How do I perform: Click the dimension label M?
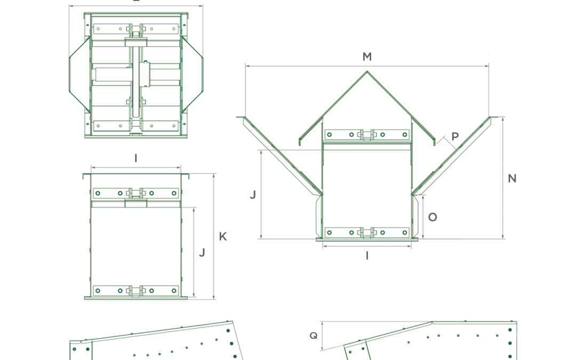tap(367, 57)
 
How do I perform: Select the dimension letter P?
tap(455, 137)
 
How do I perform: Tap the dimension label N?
tap(512, 178)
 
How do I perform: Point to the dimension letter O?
tap(433, 217)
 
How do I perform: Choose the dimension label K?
tap(223, 237)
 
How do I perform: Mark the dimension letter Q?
tap(314, 335)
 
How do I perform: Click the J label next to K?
tap(202, 253)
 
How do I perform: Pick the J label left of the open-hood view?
tap(253, 195)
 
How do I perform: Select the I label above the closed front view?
tap(136, 158)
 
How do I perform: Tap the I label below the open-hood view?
tap(367, 256)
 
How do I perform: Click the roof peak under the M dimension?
tap(367, 71)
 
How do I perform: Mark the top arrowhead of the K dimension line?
tap(214, 175)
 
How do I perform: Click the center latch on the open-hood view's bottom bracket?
tap(367, 233)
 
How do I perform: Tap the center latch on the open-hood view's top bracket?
tap(367, 134)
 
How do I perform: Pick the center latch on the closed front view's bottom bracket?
tap(136, 291)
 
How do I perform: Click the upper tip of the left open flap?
tap(243, 118)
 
